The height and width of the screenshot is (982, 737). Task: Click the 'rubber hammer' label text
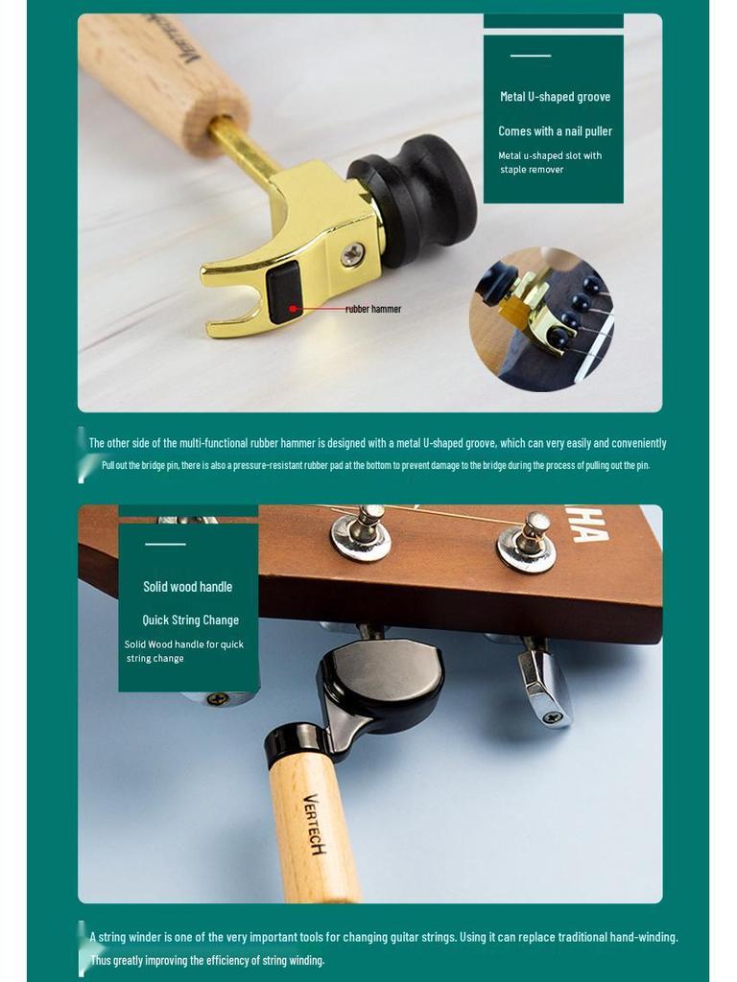[x=373, y=309]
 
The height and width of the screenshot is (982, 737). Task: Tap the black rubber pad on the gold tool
[x=284, y=292]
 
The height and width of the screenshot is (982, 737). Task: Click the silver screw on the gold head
[x=353, y=254]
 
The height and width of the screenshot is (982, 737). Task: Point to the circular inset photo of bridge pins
[x=540, y=319]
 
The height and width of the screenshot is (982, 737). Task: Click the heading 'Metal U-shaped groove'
[x=555, y=97]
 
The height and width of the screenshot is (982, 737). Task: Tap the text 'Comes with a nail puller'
[x=555, y=131]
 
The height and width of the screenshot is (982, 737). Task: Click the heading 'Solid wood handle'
[x=188, y=587]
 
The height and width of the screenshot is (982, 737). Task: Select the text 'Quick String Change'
[x=190, y=620]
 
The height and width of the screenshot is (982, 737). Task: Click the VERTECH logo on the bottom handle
[x=314, y=823]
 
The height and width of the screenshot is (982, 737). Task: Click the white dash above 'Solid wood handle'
[x=165, y=545]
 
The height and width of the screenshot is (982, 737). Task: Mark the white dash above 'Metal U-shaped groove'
[x=530, y=56]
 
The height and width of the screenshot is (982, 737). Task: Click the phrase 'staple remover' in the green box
[x=532, y=170]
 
